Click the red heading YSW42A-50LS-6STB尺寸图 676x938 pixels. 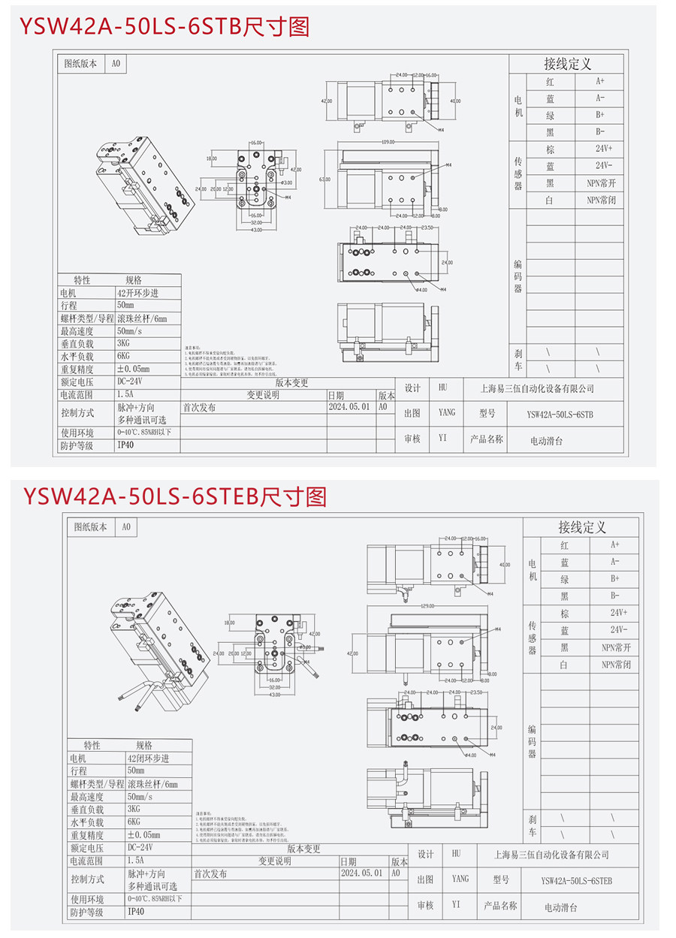point(164,28)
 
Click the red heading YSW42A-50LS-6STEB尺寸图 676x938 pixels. point(174,496)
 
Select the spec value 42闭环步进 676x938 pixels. point(148,759)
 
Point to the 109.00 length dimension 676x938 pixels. point(388,142)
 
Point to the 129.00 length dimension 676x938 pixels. point(409,605)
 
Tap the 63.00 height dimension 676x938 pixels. point(325,180)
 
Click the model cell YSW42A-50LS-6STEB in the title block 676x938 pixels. point(576,880)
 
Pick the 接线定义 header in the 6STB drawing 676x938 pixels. point(567,64)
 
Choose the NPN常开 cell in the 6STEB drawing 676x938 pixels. point(616,647)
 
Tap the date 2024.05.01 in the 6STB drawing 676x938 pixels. point(349,406)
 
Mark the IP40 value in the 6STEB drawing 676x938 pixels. point(135,912)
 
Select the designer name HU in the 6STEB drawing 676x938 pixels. point(456,854)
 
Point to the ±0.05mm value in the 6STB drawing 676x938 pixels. point(134,369)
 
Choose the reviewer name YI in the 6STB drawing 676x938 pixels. point(442,439)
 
